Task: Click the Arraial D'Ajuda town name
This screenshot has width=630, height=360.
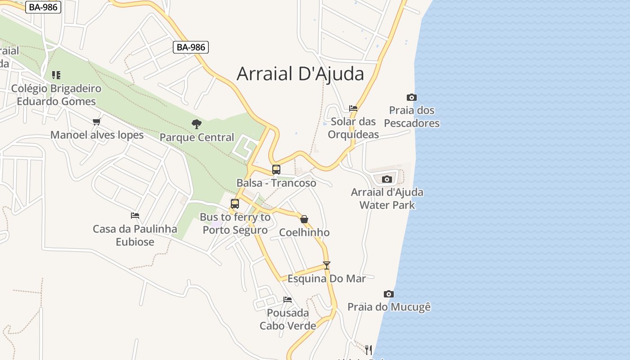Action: (300, 74)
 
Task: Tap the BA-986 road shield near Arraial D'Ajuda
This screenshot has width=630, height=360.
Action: (191, 47)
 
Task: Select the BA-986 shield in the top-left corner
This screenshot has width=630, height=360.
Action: (43, 7)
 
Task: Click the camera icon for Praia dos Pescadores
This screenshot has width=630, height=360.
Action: (411, 97)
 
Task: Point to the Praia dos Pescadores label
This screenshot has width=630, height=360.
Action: (412, 117)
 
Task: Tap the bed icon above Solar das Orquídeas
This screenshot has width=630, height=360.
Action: (353, 108)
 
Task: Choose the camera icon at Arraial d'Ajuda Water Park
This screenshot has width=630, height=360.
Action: (387, 179)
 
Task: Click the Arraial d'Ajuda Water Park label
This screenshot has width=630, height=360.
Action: (387, 198)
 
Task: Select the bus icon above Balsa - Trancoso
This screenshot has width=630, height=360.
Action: (276, 170)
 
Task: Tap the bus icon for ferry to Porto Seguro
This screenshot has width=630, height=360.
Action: (235, 203)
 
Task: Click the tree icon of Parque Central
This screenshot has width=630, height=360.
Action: (196, 124)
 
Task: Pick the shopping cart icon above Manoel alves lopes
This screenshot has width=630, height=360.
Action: (96, 121)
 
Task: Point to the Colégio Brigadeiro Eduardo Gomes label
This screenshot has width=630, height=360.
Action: (56, 94)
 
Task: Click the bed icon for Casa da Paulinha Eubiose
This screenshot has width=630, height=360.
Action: (135, 216)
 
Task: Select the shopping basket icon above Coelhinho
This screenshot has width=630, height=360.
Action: (304, 219)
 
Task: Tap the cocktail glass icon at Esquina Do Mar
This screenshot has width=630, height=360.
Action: (327, 265)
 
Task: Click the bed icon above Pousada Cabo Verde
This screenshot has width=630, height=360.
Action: (288, 300)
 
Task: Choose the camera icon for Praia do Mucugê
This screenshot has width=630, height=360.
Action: (389, 294)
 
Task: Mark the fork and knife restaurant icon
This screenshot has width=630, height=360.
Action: (369, 350)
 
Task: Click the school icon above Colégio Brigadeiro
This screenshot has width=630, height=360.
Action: (56, 75)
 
